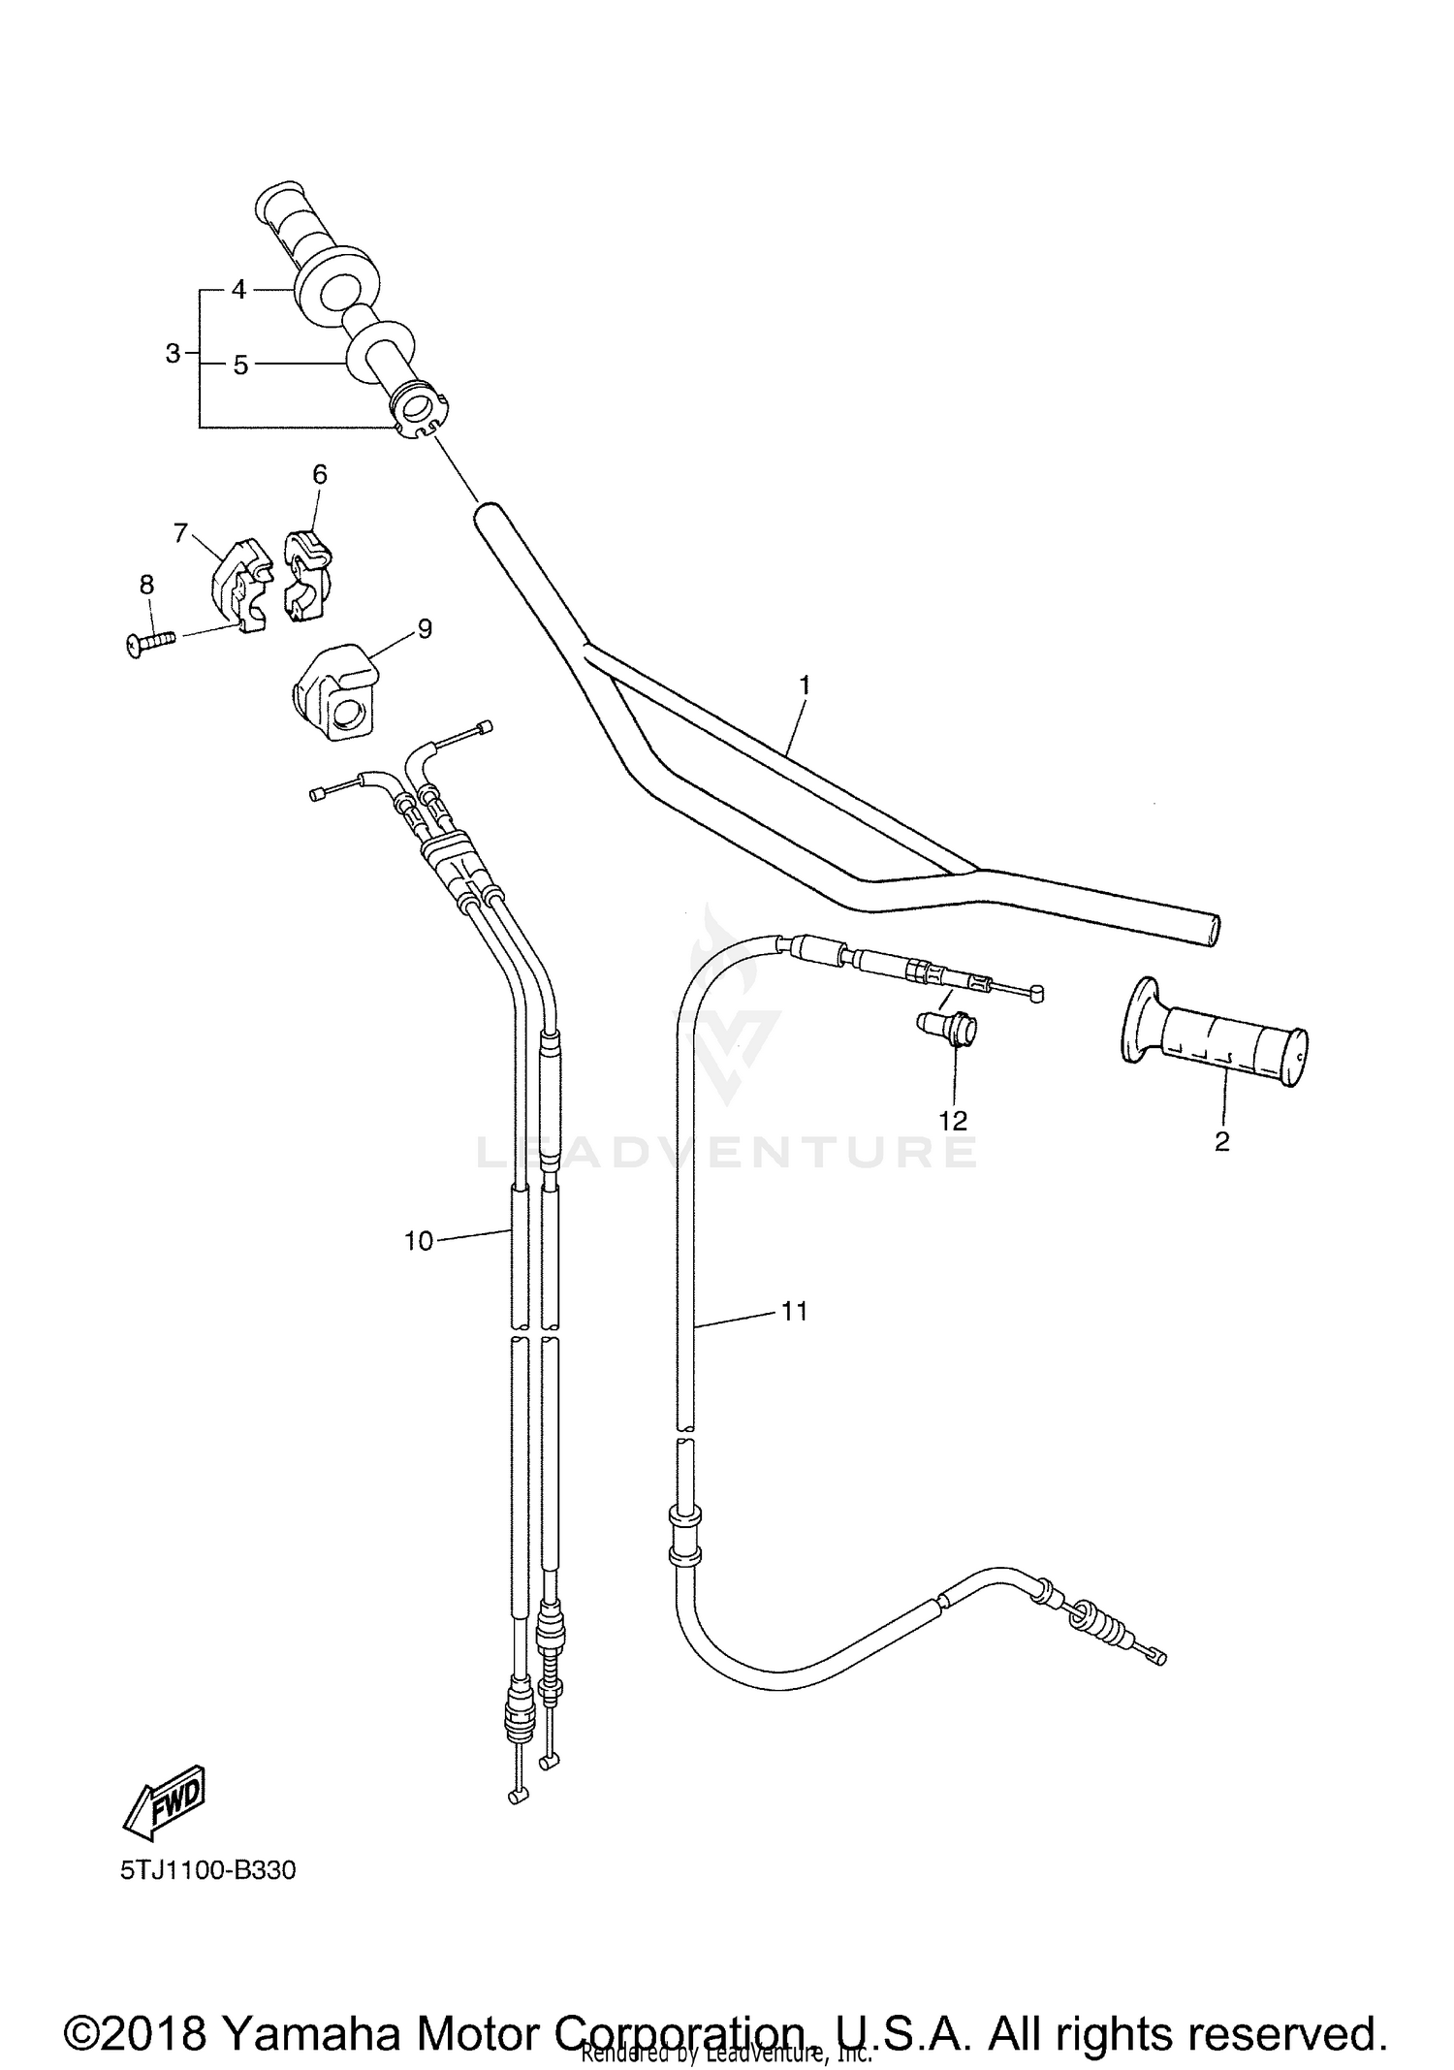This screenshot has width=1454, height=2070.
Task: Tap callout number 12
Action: [953, 1121]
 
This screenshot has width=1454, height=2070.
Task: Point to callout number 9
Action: [424, 629]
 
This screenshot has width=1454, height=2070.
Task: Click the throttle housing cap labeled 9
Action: [332, 692]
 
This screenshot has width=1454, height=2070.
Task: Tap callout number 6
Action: [319, 474]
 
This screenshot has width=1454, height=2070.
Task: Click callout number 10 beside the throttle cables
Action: [418, 1241]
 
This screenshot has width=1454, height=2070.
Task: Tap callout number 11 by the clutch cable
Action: [794, 1312]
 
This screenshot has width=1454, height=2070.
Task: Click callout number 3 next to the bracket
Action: [173, 354]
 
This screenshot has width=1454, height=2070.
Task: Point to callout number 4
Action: [239, 289]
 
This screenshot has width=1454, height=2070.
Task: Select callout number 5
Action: [240, 366]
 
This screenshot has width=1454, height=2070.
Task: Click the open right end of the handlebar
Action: [1213, 928]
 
